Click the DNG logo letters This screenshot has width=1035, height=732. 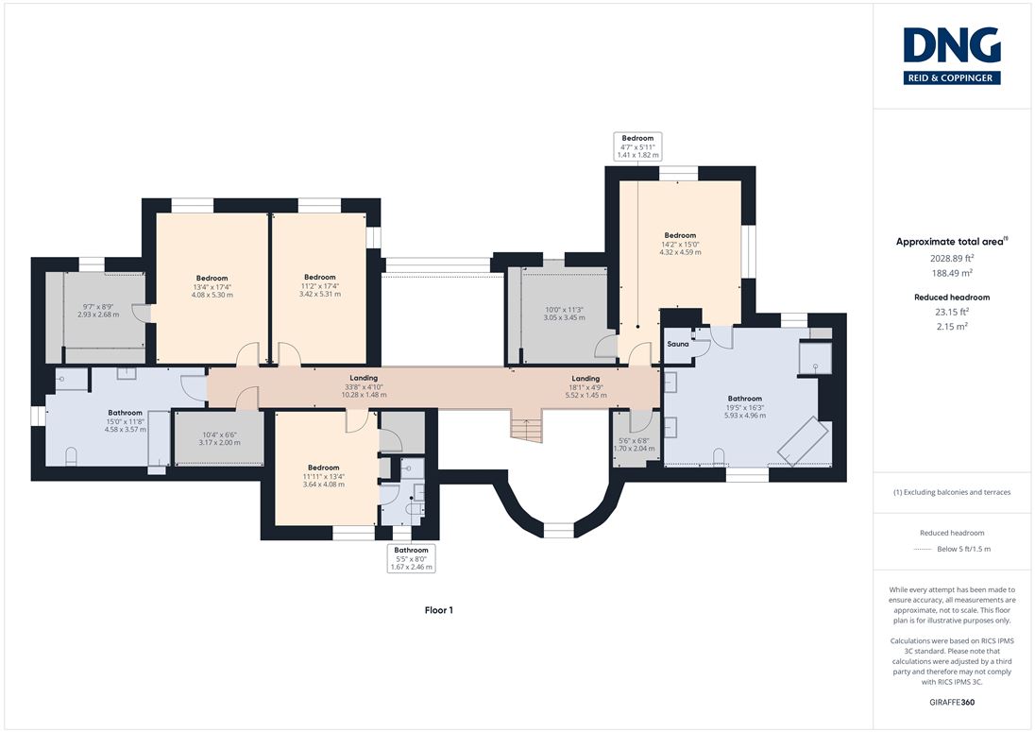(x=952, y=46)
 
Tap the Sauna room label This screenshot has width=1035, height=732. (x=678, y=344)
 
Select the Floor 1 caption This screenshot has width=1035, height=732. (x=439, y=610)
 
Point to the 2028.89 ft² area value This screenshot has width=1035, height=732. (x=952, y=259)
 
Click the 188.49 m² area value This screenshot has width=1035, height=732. (x=952, y=273)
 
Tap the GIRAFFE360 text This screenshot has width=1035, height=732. (x=952, y=703)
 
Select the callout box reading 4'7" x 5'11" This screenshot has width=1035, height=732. (x=637, y=146)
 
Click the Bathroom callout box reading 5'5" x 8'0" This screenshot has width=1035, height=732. (x=411, y=558)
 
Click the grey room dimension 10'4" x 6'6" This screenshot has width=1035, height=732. (x=219, y=439)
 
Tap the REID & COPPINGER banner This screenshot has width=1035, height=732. (x=952, y=77)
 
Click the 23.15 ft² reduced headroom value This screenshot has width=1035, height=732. (x=952, y=313)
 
